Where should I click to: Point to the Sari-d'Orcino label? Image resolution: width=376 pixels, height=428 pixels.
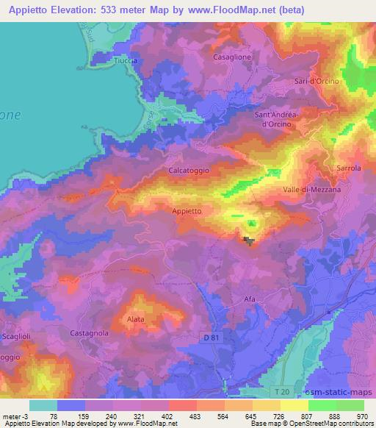[317, 81]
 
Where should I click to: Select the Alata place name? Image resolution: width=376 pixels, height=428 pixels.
[135, 319]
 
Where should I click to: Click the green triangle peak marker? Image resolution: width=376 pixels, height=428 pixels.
[252, 224]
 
